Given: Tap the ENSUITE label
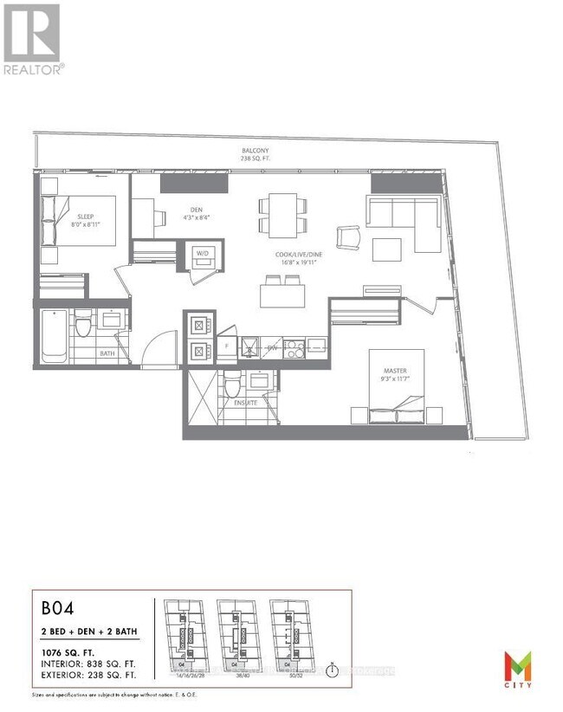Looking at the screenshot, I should (234, 404).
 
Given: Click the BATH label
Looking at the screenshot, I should (108, 353).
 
